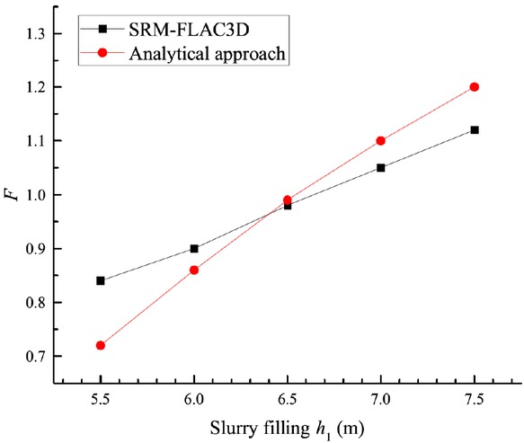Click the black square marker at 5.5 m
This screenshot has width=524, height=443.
101,280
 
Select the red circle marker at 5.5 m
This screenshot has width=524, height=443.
101,345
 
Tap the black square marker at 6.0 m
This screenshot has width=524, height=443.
194,248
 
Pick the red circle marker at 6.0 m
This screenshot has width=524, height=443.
194,270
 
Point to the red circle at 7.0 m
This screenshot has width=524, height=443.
381,140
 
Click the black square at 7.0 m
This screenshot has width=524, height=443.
381,167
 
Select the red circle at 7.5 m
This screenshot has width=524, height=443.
475,86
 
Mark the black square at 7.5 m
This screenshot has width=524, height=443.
475,129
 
